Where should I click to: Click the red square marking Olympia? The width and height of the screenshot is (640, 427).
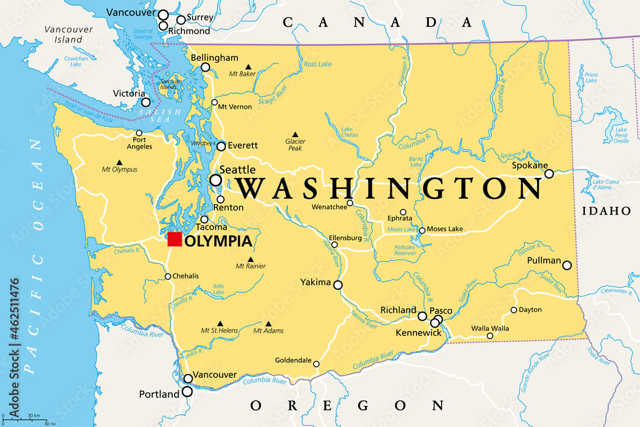point(174,239)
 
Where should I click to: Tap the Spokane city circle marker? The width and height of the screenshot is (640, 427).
point(548,173)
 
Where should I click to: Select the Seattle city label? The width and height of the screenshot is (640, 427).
point(237,170)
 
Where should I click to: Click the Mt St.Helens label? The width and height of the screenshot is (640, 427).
point(219,330)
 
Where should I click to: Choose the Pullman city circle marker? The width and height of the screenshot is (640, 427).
point(566,265)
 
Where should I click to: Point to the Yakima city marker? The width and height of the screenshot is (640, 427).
point(338,285)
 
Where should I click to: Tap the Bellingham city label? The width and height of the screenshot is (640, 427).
point(214,58)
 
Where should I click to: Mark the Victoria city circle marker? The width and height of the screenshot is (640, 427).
point(146,102)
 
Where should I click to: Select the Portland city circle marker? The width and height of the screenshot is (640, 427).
point(187,391)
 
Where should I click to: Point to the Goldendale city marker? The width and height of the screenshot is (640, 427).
point(316,364)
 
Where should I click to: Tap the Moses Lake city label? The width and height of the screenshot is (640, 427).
point(445,229)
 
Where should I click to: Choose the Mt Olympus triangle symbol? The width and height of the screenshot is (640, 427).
point(119,163)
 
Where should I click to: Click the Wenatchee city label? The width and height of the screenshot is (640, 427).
point(330,207)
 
